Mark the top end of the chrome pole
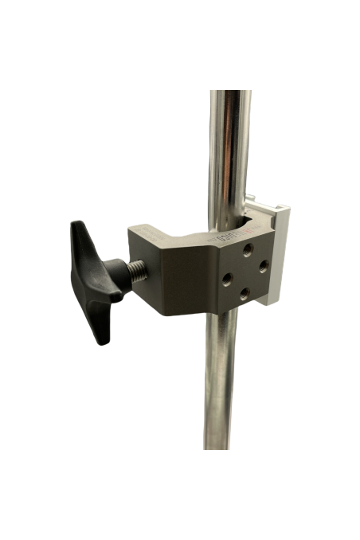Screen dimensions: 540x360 click(x=232, y=94)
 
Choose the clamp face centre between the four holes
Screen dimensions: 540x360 click(x=245, y=272)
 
